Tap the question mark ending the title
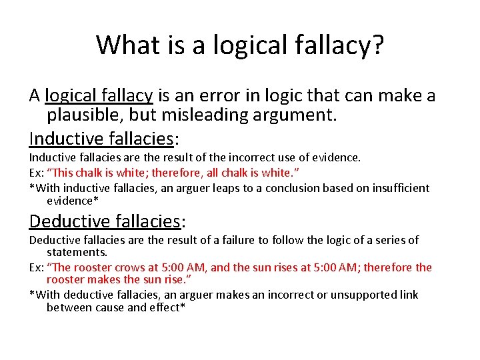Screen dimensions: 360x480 click(x=377, y=45)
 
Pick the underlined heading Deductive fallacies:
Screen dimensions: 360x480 click(x=105, y=221)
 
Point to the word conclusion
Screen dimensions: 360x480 click(x=297, y=187)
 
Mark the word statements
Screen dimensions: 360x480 click(x=77, y=253)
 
